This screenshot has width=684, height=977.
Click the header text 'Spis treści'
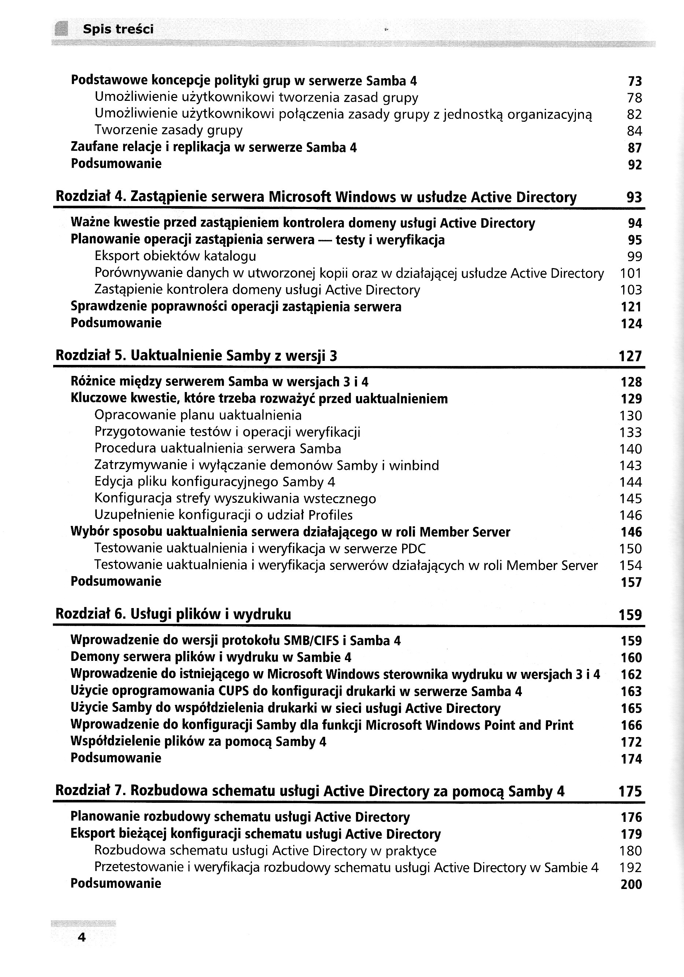tap(118, 29)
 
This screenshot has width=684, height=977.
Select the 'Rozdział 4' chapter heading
tap(316, 197)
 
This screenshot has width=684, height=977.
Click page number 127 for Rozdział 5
tap(630, 356)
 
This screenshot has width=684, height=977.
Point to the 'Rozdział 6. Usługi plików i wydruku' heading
tap(173, 614)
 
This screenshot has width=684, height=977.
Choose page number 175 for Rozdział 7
tap(630, 791)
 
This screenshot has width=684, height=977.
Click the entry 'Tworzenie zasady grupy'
tap(169, 130)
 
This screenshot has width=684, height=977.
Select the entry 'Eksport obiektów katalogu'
tap(175, 256)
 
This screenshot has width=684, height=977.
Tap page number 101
tap(630, 273)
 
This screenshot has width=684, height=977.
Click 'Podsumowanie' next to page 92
tap(116, 164)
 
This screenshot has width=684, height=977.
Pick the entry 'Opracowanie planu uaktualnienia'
tap(198, 415)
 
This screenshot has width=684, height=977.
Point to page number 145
tap(630, 498)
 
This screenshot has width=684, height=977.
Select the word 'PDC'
tap(413, 549)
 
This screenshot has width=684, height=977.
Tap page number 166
tap(631, 725)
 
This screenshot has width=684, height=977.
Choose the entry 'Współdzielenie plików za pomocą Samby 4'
tap(198, 741)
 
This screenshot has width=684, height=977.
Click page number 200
tap(631, 884)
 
